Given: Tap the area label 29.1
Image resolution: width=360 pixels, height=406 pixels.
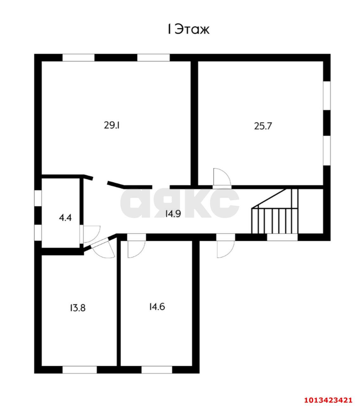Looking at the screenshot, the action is pos(112,126).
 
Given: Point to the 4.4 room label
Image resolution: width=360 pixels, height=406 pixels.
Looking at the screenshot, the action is pos(65,217).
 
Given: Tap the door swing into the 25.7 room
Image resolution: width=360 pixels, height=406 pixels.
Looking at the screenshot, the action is pos(222,177).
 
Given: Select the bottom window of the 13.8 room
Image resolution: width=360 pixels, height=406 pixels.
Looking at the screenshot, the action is pos(80,370).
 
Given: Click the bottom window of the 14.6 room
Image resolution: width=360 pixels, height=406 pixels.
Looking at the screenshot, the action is pos(157,370).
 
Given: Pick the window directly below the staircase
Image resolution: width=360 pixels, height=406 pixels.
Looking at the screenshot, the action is pos(282,237).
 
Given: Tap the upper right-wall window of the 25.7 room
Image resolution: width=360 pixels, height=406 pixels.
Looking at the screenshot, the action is pos(327,95).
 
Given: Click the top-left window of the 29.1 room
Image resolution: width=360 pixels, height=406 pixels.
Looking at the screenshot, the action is pos(79,57).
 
